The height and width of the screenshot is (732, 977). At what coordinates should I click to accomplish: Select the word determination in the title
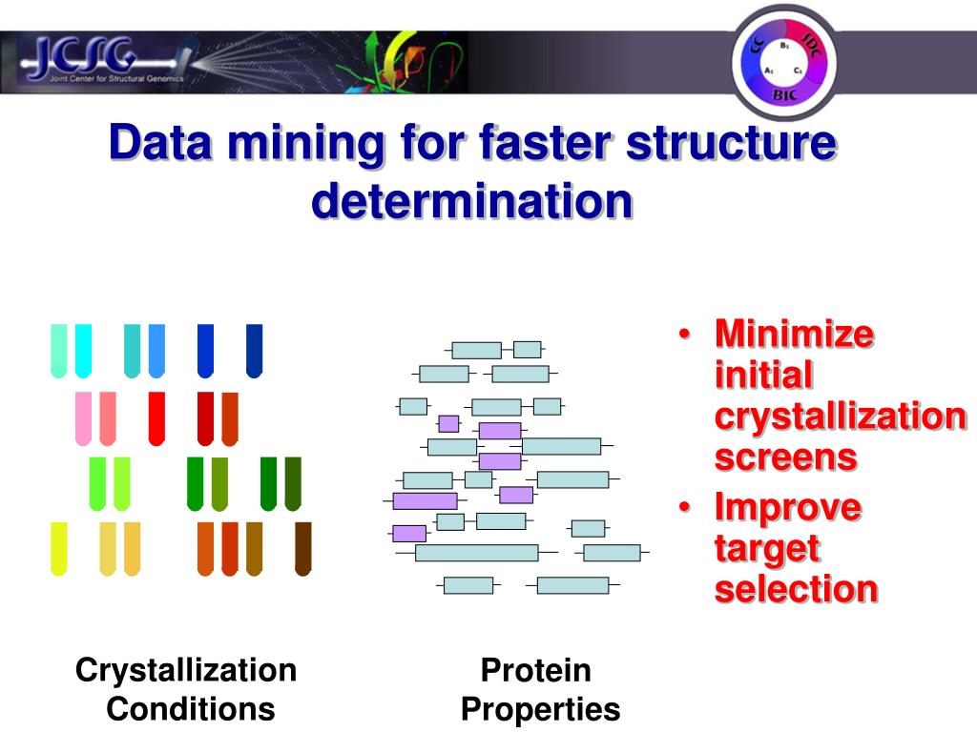(472, 200)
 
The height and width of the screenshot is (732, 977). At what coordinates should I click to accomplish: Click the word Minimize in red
(795, 335)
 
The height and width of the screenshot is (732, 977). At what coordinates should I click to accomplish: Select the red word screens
(785, 457)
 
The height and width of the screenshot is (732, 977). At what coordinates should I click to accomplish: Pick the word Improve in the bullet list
(787, 507)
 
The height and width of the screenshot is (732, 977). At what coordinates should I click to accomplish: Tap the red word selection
(796, 589)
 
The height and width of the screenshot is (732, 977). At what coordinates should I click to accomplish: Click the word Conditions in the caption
(191, 709)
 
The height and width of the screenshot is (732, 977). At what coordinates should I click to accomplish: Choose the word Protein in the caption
(536, 670)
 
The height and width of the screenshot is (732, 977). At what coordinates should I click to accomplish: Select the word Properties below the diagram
(540, 709)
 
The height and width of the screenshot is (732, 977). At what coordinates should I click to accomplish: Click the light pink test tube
(83, 417)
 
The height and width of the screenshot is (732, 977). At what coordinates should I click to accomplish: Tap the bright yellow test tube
(59, 548)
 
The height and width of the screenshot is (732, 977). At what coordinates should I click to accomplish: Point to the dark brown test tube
(303, 548)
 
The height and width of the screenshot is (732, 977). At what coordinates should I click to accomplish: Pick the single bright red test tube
(156, 417)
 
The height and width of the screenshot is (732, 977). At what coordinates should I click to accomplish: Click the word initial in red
(763, 376)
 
